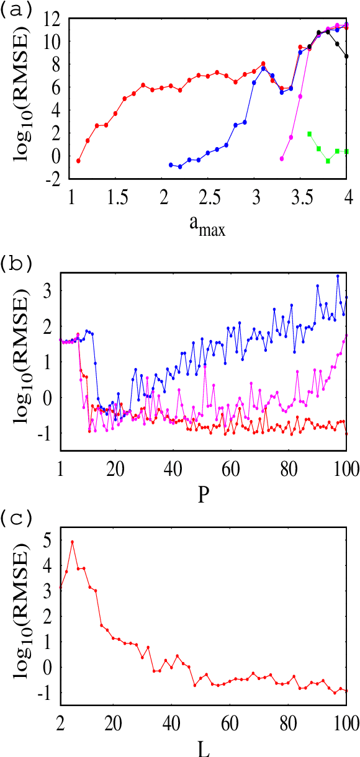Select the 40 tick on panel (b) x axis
pyautogui.click(x=174, y=465)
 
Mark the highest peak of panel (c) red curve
pyautogui.click(x=72, y=542)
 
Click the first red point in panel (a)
pyautogui.click(x=78, y=161)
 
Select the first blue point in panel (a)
pyautogui.click(x=171, y=164)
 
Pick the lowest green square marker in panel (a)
pyautogui.click(x=328, y=161)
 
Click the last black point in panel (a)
pyautogui.click(x=346, y=56)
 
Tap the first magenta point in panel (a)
pyautogui.click(x=282, y=159)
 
